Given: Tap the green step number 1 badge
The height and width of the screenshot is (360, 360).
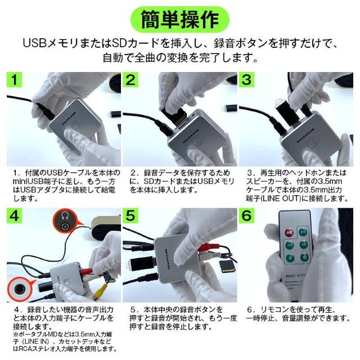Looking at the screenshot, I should [17, 80].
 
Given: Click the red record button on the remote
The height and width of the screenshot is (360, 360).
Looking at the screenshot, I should [289, 231].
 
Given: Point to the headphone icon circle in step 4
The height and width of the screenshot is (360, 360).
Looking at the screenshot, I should [66, 223].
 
